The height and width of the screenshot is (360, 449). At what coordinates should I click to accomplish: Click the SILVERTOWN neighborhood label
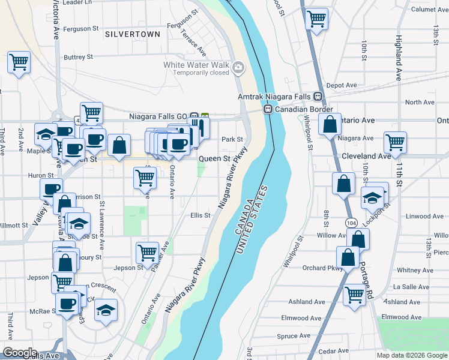point(133,34)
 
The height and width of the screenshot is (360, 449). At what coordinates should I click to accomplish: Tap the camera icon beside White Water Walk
point(238,67)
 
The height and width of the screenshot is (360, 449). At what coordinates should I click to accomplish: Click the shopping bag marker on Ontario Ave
point(330,125)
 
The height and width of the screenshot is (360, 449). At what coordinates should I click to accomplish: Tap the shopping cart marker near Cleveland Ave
point(395,143)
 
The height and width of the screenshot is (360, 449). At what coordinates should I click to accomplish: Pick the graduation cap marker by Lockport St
point(372,197)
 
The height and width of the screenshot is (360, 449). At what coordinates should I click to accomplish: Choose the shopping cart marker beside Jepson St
point(147,253)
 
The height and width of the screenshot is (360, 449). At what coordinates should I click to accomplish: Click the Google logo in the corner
point(20,353)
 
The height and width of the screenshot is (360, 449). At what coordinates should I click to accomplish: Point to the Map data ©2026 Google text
point(412,355)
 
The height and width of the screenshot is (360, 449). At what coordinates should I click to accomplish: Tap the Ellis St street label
point(200,215)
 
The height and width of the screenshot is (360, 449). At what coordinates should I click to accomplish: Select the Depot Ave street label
point(342,86)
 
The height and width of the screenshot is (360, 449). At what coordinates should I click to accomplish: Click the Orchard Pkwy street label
point(323,268)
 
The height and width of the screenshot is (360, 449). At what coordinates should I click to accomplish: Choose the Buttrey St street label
point(79,57)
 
